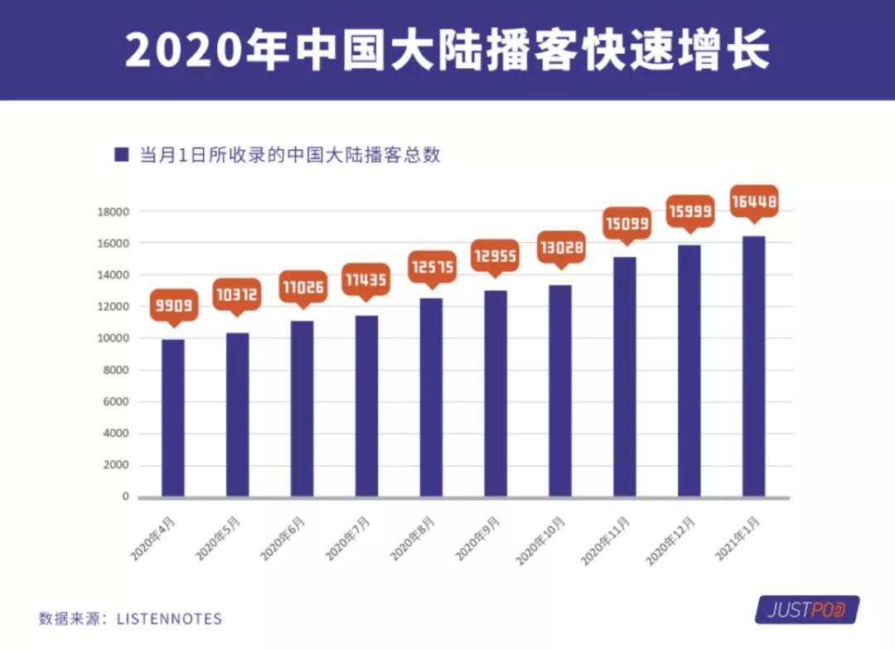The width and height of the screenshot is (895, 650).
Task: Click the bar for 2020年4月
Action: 173,418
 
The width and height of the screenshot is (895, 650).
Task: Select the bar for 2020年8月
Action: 431,397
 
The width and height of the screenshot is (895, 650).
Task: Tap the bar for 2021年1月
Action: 753,366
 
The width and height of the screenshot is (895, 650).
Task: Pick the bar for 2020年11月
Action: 625,376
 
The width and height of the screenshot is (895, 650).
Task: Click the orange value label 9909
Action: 173,306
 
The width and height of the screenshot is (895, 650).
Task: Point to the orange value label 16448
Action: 753,201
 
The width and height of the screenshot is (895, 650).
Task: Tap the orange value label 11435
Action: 366,279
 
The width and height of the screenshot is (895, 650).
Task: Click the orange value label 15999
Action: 689,212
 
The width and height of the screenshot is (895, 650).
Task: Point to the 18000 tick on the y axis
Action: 114,211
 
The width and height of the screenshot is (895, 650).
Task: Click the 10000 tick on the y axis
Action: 114,338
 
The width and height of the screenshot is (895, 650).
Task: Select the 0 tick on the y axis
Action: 125,497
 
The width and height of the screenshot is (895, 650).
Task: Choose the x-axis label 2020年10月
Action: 541,540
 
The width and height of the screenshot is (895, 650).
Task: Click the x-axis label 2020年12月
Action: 670,540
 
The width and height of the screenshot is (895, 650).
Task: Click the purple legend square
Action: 122,155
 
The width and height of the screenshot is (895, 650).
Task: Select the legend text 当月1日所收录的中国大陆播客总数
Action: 290,155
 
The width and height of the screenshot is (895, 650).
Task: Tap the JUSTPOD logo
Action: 805,611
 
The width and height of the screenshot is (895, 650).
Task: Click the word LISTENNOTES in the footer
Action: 169,618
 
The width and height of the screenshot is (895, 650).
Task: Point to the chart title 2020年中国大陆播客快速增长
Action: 447,50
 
